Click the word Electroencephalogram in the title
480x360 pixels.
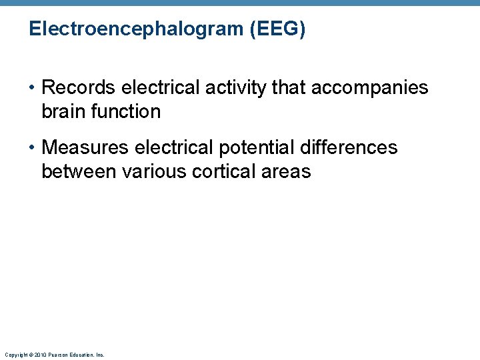point(136,30)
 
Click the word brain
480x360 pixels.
point(62,111)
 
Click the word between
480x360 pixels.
point(79,171)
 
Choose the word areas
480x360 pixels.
point(287,171)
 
